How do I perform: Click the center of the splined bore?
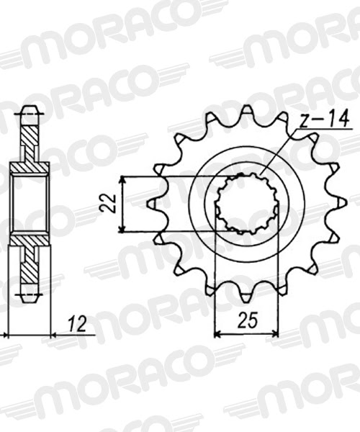coord(247,204)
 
